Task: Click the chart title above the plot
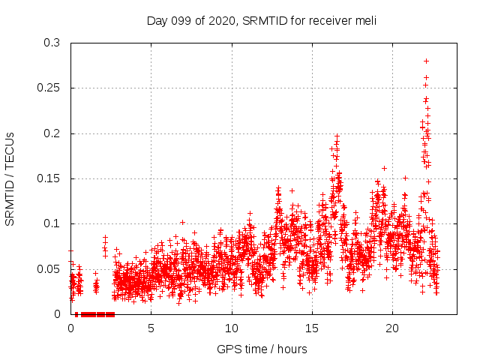click(261, 20)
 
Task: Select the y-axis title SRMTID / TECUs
click(10, 178)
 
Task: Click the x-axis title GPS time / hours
click(261, 349)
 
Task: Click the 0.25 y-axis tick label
click(49, 88)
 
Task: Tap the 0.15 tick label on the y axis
click(49, 178)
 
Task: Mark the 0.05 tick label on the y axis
click(49, 268)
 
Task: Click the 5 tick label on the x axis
click(151, 328)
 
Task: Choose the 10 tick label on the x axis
click(232, 328)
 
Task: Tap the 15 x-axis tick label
click(312, 328)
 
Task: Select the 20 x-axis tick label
click(392, 328)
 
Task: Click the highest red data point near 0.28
click(427, 61)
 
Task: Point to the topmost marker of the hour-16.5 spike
click(337, 136)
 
